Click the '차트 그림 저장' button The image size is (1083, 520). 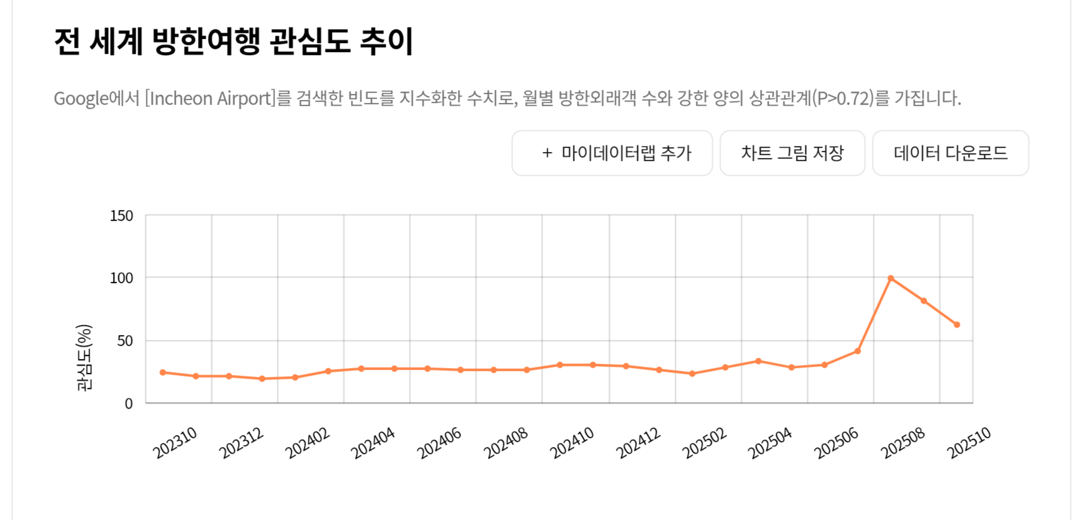792,153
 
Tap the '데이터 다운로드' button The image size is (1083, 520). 950,153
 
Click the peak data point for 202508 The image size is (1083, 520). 890,278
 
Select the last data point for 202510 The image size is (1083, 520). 957,325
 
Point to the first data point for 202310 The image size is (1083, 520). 163,372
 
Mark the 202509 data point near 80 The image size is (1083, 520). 924,301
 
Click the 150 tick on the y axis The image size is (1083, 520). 121,216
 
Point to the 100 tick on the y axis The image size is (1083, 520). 121,278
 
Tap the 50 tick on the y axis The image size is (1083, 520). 125,341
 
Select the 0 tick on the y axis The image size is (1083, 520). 129,404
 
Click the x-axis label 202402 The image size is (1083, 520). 307,443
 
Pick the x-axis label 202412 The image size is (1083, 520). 638,443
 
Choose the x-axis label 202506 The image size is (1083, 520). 836,443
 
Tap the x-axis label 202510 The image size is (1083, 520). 969,443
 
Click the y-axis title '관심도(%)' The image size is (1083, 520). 84,357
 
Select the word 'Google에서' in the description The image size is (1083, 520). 96,98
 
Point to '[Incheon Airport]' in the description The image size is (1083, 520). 210,98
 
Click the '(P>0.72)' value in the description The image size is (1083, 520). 843,98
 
